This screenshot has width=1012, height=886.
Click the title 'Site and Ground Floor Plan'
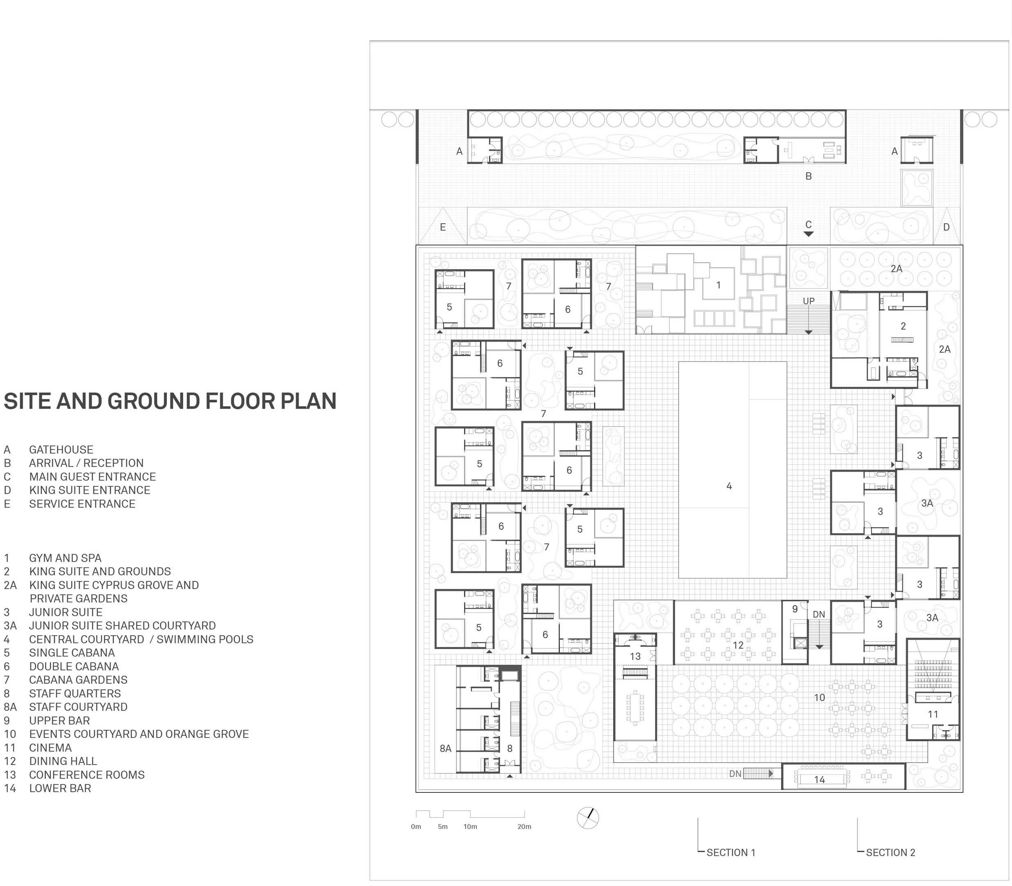(170, 401)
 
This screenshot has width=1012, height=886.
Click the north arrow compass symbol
(588, 818)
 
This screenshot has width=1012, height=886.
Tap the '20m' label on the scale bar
(524, 827)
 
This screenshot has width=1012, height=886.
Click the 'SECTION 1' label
(731, 852)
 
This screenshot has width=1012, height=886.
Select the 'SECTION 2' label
(891, 852)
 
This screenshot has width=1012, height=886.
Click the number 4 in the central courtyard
(729, 486)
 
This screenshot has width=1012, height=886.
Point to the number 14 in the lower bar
(819, 780)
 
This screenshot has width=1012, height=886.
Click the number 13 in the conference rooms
(635, 656)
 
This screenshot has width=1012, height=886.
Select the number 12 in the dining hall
(738, 645)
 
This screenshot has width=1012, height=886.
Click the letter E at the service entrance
(443, 227)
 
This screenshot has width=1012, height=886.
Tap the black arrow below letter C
(808, 234)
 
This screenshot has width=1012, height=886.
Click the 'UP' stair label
(808, 301)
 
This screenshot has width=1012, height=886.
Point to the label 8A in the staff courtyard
(445, 749)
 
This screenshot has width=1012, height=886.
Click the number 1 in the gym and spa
(718, 285)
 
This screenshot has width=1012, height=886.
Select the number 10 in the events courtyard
(819, 697)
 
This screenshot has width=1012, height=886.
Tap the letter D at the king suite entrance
(946, 227)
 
